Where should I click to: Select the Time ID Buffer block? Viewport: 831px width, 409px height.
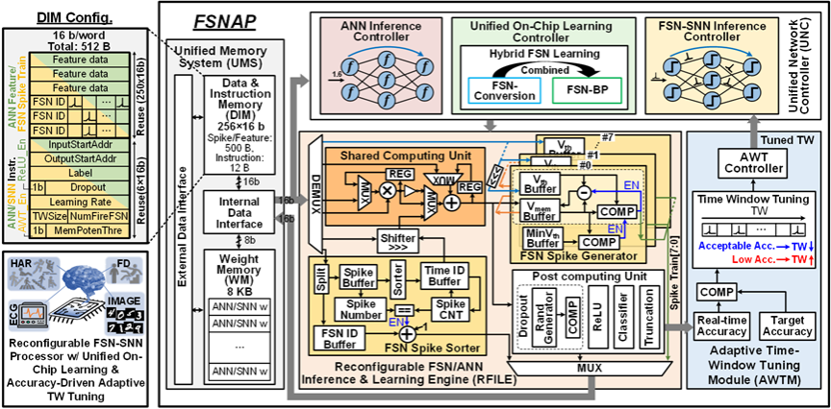(443, 275)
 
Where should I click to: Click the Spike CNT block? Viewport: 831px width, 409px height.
(443, 311)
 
